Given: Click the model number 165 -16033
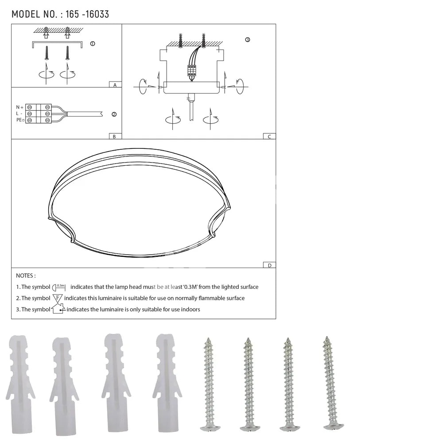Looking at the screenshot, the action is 87,14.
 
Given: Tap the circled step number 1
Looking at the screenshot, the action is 93,43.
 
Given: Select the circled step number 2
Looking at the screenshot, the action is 114,114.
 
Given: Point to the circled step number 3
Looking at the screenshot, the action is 248,39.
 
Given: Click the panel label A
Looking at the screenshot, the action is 115,85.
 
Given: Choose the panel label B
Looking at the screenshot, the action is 114,136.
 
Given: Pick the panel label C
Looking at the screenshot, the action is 269,136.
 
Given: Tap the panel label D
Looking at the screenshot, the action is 269,265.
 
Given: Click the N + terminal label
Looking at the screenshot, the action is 20,107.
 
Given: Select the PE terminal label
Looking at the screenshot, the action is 20,120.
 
